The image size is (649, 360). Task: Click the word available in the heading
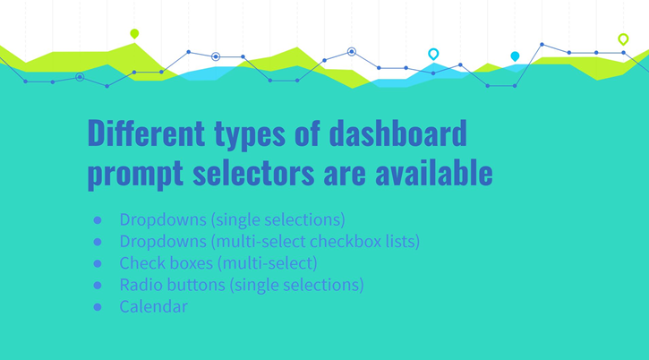tap(439, 172)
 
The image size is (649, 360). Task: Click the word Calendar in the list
tap(153, 306)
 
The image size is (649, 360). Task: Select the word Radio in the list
tap(140, 285)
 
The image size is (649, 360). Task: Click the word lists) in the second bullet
tap(399, 242)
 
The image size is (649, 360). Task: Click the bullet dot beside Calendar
tap(97, 307)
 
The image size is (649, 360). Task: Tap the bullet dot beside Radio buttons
tap(97, 286)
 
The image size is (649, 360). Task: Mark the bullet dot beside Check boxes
tap(97, 264)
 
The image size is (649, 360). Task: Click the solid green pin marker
tap(134, 34)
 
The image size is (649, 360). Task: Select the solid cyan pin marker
tap(515, 56)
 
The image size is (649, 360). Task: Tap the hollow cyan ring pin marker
tap(433, 54)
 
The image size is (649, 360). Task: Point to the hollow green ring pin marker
tap(623, 39)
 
